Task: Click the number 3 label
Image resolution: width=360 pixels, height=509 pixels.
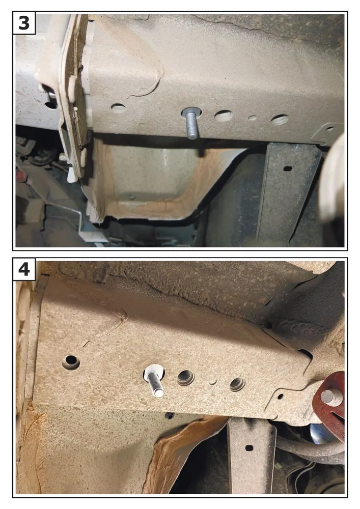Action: [24, 23]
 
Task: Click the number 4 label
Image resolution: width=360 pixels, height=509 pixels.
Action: [24, 269]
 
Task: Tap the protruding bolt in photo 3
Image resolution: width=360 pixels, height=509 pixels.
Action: [191, 124]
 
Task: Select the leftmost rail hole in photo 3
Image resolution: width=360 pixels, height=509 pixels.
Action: [118, 107]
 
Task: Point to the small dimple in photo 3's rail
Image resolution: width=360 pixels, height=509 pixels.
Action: [252, 118]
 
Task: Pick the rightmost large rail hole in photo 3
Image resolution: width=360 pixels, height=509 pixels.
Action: [280, 120]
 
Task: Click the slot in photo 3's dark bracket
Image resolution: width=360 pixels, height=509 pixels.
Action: [287, 168]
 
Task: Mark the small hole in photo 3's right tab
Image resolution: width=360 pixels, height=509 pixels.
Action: [330, 129]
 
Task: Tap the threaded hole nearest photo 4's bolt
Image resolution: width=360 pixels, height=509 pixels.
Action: [186, 378]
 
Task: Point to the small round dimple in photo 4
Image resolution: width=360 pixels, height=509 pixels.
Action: [213, 381]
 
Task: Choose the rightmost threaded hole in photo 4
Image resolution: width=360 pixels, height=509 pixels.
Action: [238, 384]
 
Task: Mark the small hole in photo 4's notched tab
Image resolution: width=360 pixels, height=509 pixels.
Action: [280, 397]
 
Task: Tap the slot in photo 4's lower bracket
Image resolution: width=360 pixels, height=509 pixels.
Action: [249, 448]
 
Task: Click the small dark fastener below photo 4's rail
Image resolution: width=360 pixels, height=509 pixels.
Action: [169, 415]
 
